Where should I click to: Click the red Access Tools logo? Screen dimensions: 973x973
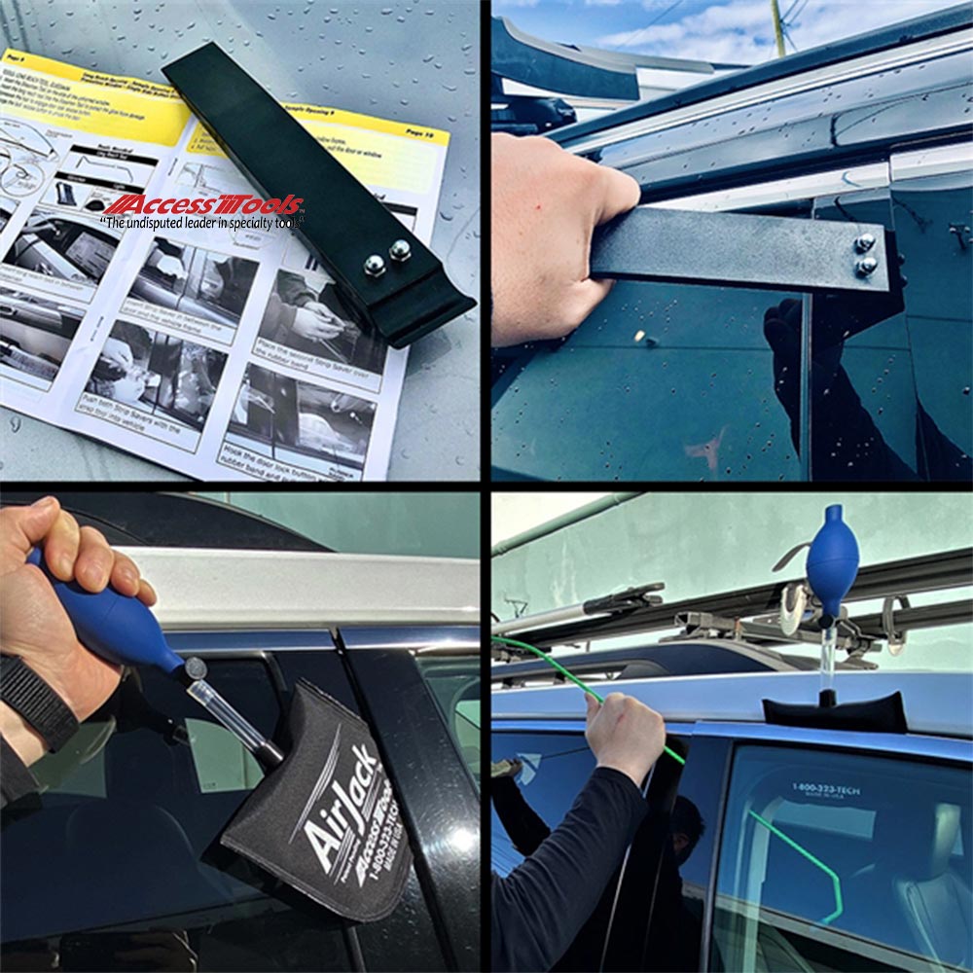(204, 205)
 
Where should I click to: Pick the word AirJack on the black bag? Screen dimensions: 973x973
(336, 798)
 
